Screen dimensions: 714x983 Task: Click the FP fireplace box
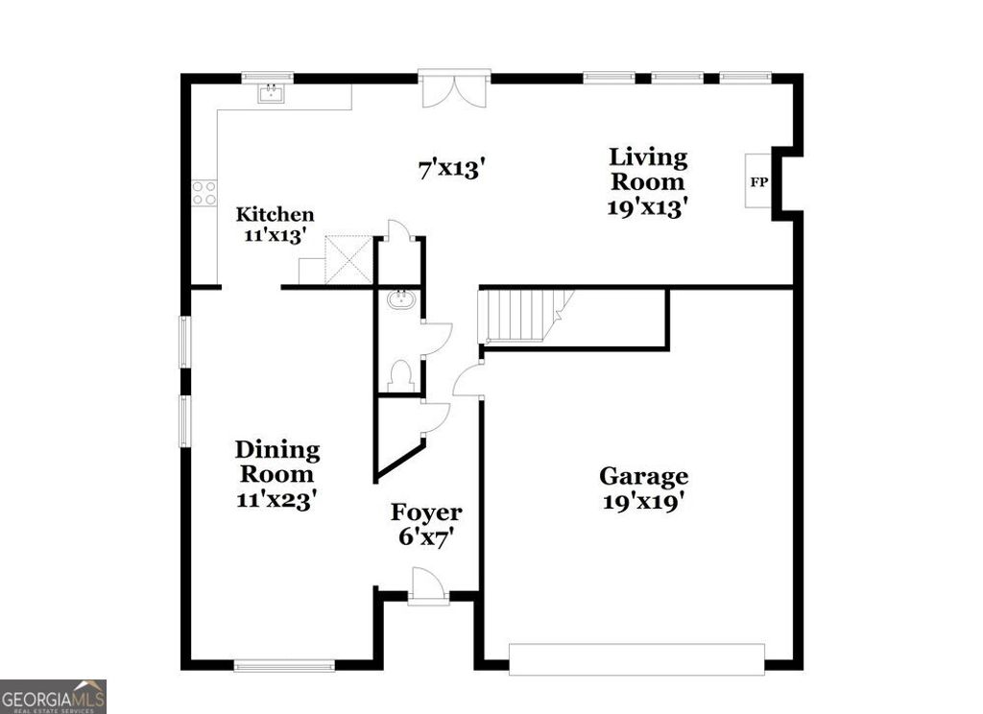(x=758, y=181)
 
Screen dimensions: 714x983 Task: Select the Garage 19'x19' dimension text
(x=643, y=501)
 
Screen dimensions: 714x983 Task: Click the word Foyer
(x=426, y=512)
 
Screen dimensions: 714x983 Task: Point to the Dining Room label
(x=276, y=461)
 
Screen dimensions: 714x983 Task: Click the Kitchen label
(x=276, y=215)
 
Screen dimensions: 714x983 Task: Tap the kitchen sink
(x=272, y=93)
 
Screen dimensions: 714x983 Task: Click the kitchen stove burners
(x=204, y=193)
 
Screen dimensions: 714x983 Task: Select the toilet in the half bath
(x=402, y=373)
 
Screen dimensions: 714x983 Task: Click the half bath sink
(x=400, y=300)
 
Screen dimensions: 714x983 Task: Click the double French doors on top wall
(x=454, y=87)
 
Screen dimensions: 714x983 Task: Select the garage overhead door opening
(x=635, y=659)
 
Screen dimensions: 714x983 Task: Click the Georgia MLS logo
(x=53, y=696)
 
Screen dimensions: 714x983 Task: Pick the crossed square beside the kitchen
(x=348, y=259)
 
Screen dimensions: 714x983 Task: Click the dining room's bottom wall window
(x=284, y=664)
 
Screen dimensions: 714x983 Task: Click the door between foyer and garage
(x=468, y=380)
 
